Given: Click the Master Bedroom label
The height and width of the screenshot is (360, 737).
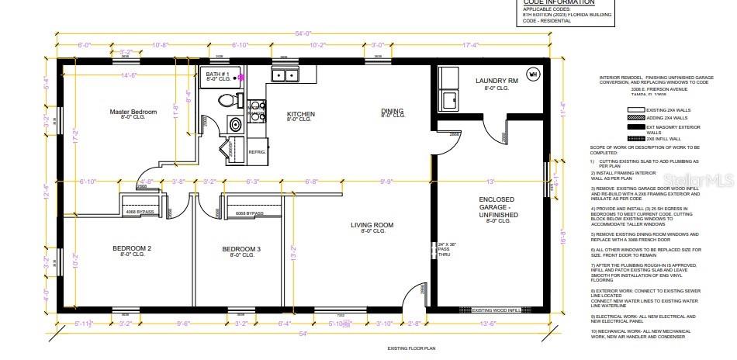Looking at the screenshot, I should (x=133, y=112).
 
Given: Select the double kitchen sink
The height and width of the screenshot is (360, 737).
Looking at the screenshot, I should (x=285, y=75).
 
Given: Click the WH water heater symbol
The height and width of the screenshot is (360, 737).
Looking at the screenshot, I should (x=533, y=74).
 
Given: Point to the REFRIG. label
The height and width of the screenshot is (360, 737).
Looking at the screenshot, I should (x=257, y=152).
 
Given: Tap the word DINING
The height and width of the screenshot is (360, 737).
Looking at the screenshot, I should (x=392, y=111).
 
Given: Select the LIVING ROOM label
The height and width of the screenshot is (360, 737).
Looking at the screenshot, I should (x=373, y=226).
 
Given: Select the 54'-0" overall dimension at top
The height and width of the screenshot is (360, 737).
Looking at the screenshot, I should (x=303, y=33).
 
